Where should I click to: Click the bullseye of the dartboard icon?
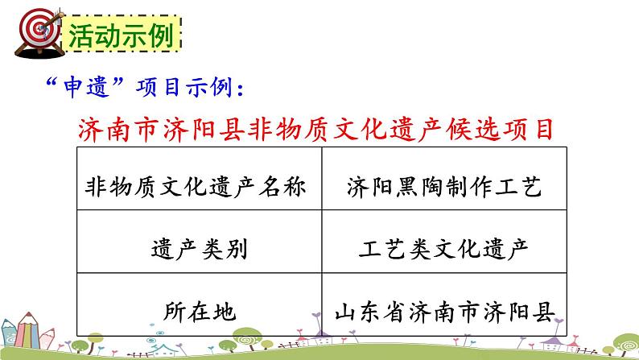(x=31, y=33)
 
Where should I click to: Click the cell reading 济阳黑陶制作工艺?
(x=443, y=188)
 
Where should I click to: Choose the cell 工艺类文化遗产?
(x=443, y=250)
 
